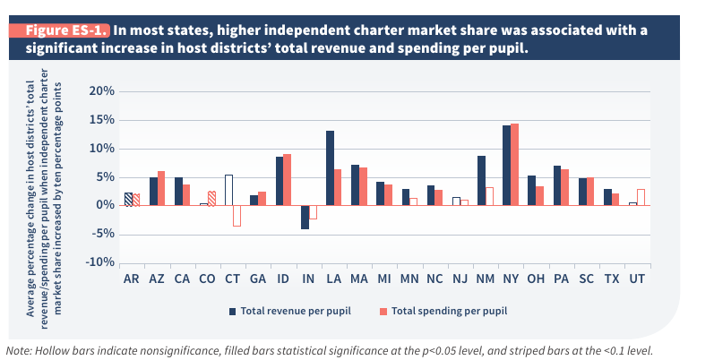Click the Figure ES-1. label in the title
tap(61, 30)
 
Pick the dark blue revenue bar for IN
tap(305, 217)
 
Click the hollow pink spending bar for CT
tap(237, 215)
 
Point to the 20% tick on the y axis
tap(101, 91)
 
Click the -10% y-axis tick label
tap(99, 262)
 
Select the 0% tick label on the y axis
tap(105, 205)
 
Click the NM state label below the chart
tap(485, 279)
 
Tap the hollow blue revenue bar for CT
tap(228, 190)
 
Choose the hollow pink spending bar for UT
tap(641, 197)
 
